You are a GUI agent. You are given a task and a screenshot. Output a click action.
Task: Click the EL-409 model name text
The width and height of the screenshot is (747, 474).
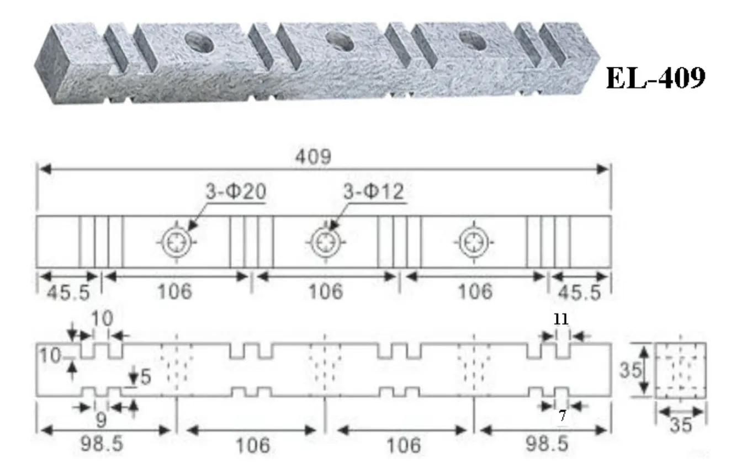point(655,78)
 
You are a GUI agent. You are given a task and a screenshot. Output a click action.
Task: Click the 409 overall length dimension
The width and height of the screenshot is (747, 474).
point(313,157)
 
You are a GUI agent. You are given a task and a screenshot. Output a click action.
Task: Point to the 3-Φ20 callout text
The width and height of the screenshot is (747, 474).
point(236,191)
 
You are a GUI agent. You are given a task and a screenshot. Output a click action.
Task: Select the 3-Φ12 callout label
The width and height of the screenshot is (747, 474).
point(373,191)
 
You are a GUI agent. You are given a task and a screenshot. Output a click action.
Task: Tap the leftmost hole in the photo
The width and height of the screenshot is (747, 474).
point(199,42)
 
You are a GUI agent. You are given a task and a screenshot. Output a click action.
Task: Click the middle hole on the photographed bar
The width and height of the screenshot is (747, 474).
point(340,41)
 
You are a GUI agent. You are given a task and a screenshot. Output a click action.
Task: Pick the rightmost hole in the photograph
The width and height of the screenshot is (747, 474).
point(473,41)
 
